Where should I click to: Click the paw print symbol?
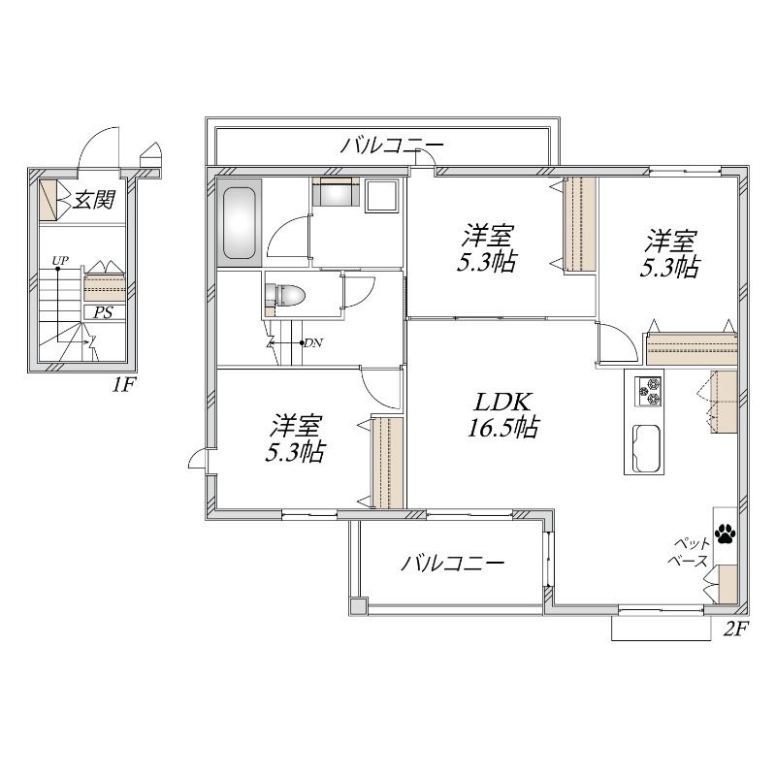[x=725, y=533]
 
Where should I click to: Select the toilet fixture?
[x=284, y=296]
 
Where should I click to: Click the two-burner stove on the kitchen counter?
[x=648, y=392]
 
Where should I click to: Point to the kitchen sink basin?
[x=646, y=448]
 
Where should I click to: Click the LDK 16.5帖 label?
[x=503, y=415]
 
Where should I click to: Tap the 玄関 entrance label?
[x=94, y=199]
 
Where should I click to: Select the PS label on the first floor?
[x=104, y=312]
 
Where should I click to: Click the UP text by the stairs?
[x=60, y=260]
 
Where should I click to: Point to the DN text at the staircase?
[x=313, y=342]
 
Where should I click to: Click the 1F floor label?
[x=122, y=384]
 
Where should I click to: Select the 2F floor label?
[x=735, y=629]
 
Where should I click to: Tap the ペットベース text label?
[x=689, y=552]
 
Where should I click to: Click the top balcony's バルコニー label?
[x=392, y=145]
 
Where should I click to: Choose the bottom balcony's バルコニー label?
[x=452, y=563]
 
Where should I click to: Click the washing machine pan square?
[x=381, y=196]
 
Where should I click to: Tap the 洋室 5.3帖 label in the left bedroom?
[x=295, y=438]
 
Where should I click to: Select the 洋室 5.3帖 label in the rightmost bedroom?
[x=670, y=253]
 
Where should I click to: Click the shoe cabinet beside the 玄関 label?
[x=48, y=200]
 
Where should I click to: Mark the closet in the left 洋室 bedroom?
[x=388, y=463]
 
